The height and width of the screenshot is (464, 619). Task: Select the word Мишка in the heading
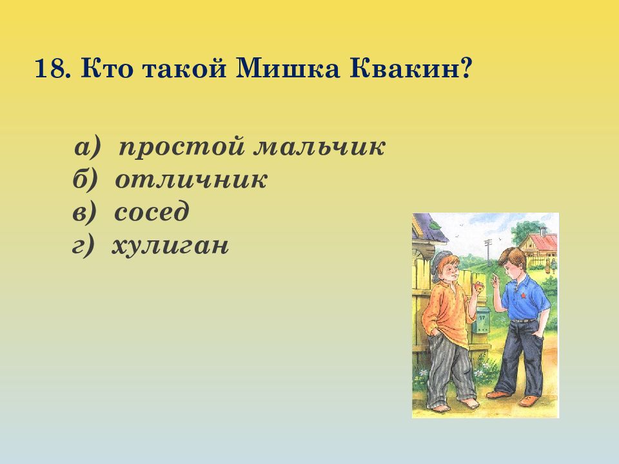point(287,69)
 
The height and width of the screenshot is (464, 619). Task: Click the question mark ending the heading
point(466,69)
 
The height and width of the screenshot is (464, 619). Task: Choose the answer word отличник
point(191,180)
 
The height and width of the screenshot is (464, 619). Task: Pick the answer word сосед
point(152,211)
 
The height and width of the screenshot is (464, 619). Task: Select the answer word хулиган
point(170,246)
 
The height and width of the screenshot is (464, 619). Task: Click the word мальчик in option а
point(319,148)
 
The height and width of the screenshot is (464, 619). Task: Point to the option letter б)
point(84,180)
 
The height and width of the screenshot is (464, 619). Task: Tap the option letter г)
point(84,246)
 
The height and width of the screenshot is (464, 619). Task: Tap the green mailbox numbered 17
point(482,320)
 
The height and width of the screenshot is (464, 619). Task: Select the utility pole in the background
point(488,253)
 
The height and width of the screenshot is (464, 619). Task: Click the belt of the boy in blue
point(524,320)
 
